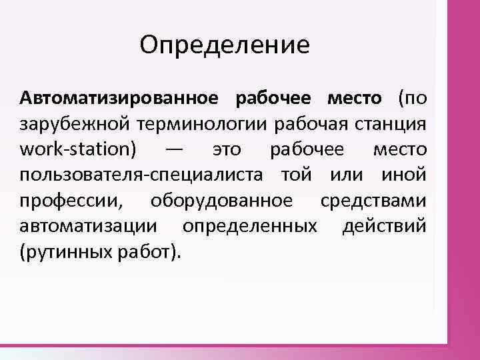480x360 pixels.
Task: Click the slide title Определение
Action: click(225, 46)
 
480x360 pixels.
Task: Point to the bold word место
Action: click(354, 99)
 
